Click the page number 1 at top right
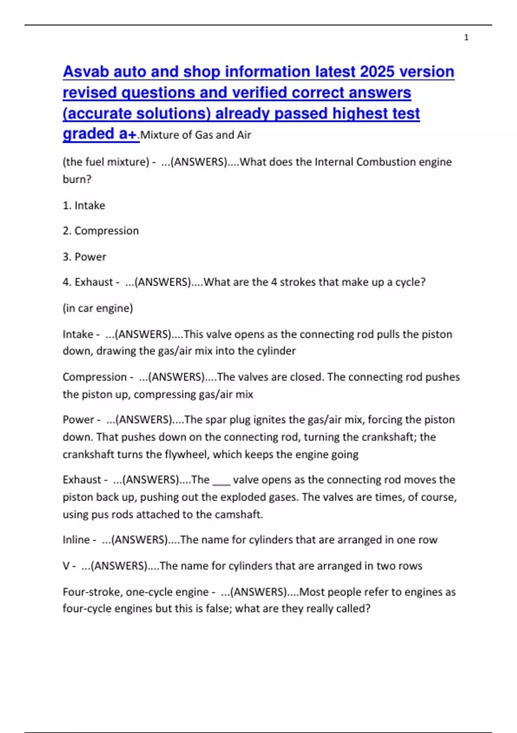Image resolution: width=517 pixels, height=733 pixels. (x=466, y=38)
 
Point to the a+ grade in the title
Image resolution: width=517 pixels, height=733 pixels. (x=128, y=134)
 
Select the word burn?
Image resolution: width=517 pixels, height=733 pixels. (x=77, y=179)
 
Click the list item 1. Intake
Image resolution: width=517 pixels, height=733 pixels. (x=84, y=205)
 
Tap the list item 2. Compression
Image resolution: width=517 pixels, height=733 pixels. (x=100, y=231)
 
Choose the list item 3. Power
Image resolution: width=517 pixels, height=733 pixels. (x=84, y=257)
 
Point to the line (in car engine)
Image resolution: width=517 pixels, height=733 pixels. (x=98, y=308)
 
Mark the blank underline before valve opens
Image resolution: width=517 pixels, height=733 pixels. (x=221, y=480)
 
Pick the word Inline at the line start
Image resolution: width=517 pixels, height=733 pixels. (x=76, y=540)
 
